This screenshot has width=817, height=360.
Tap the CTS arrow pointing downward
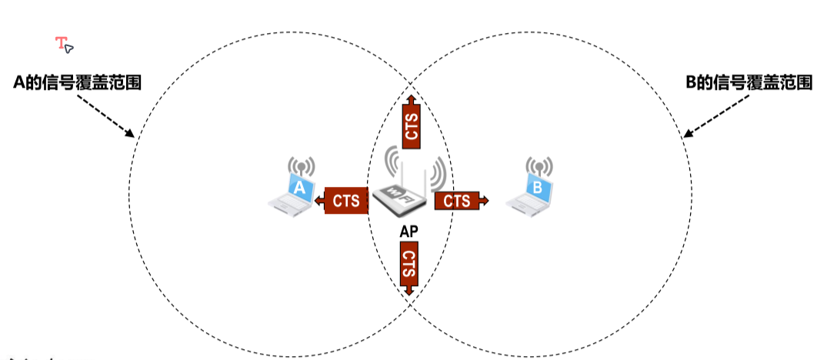pyautogui.click(x=408, y=267)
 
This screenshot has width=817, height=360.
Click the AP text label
pyautogui.click(x=408, y=230)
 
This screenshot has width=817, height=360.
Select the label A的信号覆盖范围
pyautogui.click(x=78, y=82)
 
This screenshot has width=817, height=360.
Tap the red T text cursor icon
pyautogui.click(x=62, y=43)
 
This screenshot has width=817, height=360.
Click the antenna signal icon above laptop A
pyautogui.click(x=302, y=166)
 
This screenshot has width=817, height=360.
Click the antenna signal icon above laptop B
pyautogui.click(x=539, y=166)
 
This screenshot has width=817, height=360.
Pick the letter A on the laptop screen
pyautogui.click(x=301, y=186)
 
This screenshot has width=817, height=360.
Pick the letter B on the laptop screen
pyautogui.click(x=538, y=186)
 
